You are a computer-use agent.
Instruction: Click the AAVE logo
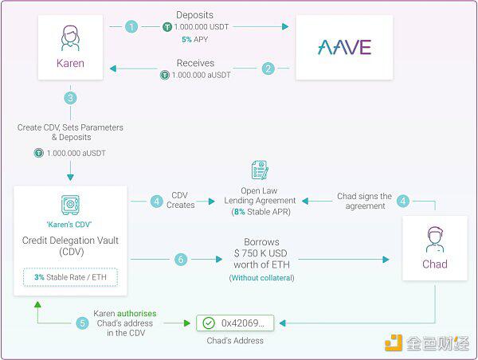[x=344, y=47]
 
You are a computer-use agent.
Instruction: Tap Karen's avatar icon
[x=70, y=38]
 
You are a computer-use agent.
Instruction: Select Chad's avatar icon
[x=435, y=240]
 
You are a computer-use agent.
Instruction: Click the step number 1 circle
[x=131, y=27]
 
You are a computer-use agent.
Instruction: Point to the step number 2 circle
[x=268, y=68]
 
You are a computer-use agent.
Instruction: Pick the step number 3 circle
[x=70, y=98]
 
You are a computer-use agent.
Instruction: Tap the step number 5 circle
[x=82, y=323]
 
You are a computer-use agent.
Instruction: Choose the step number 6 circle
[x=181, y=260]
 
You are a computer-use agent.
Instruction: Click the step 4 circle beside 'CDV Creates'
[x=157, y=202]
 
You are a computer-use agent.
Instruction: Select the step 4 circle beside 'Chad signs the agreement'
[x=403, y=202]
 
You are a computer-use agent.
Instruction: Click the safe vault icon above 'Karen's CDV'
[x=70, y=205]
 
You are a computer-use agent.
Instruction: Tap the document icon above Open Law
[x=260, y=170]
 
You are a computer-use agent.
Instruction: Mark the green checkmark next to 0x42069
[x=209, y=323]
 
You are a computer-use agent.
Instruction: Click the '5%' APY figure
[x=186, y=39]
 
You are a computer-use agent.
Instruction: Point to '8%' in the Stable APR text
[x=240, y=212]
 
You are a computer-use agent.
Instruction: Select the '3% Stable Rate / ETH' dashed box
[x=70, y=277]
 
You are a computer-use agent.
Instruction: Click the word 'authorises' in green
[x=136, y=313]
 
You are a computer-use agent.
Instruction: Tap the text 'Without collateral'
[x=261, y=278]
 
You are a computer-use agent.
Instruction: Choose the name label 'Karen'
[x=70, y=63]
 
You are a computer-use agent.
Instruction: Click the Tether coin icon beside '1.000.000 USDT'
[x=167, y=27]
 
